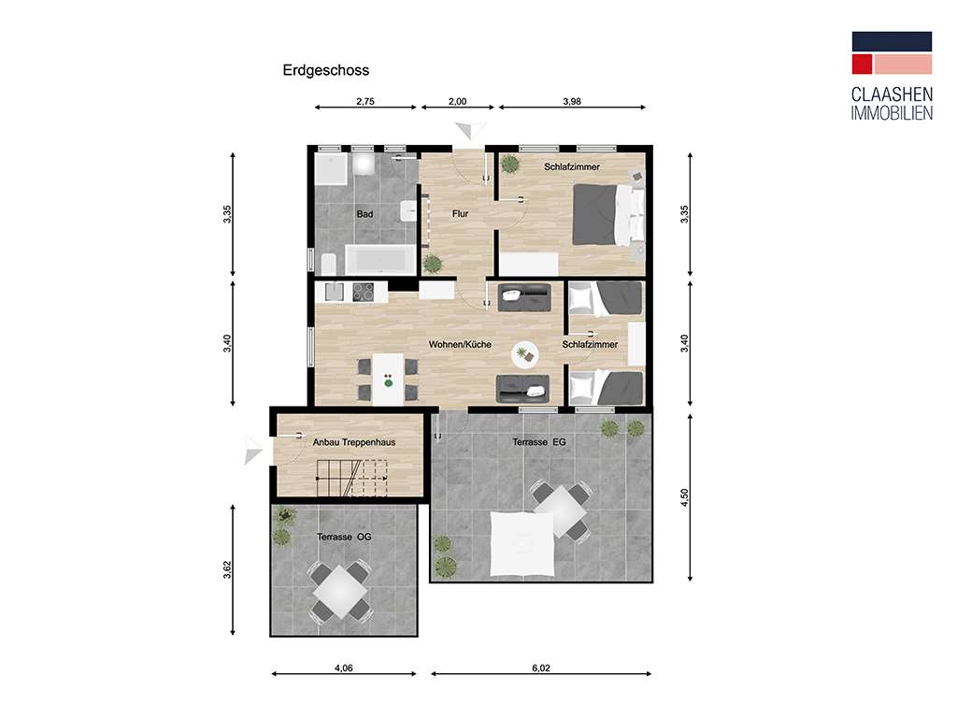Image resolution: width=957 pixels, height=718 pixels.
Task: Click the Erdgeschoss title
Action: [x=326, y=70]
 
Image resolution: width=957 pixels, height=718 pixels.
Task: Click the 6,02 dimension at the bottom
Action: [x=541, y=668]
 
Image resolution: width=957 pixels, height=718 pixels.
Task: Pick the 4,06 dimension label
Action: [x=343, y=668]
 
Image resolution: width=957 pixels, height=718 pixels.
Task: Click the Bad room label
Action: [x=365, y=214]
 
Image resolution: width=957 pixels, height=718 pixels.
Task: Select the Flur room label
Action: [x=460, y=214]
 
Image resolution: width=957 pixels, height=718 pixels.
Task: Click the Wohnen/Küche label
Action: [x=460, y=345]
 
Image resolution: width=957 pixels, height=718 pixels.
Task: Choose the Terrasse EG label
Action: [x=540, y=440]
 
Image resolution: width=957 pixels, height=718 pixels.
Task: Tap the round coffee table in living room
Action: [x=523, y=354]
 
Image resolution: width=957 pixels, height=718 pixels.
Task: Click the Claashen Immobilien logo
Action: [x=891, y=76]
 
